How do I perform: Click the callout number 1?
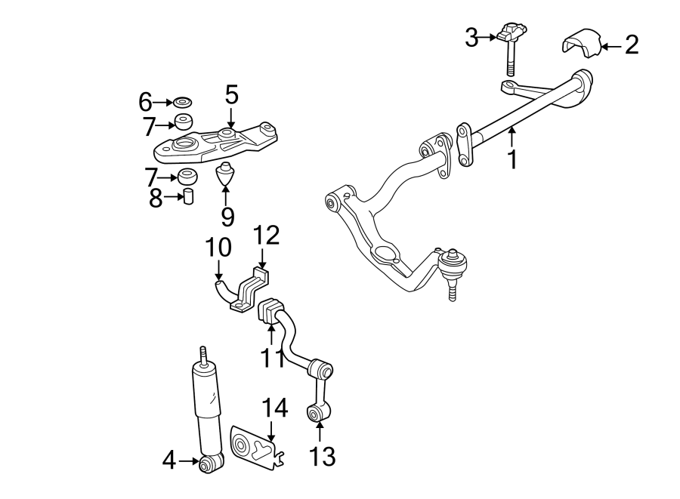513,159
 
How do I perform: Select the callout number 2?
631,45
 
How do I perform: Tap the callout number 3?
471,37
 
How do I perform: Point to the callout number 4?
168,459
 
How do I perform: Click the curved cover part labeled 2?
580,44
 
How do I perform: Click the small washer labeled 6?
182,101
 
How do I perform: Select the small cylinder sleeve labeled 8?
189,198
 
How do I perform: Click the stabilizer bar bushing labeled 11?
270,313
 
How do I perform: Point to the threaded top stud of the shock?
202,354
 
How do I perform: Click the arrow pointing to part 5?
231,118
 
